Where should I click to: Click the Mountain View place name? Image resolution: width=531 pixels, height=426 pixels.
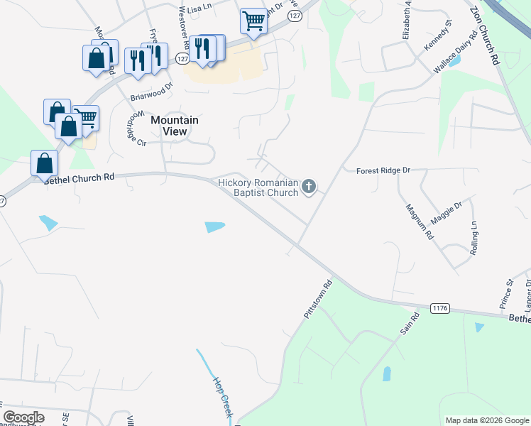174,126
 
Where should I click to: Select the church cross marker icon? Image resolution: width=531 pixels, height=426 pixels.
308,187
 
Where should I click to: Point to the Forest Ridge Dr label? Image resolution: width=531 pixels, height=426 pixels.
383,170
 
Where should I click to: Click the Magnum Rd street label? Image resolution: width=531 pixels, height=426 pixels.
419,222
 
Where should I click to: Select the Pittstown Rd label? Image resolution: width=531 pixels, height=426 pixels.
318,302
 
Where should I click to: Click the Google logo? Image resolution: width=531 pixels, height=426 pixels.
23,417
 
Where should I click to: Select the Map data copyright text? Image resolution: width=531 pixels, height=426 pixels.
486,420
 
